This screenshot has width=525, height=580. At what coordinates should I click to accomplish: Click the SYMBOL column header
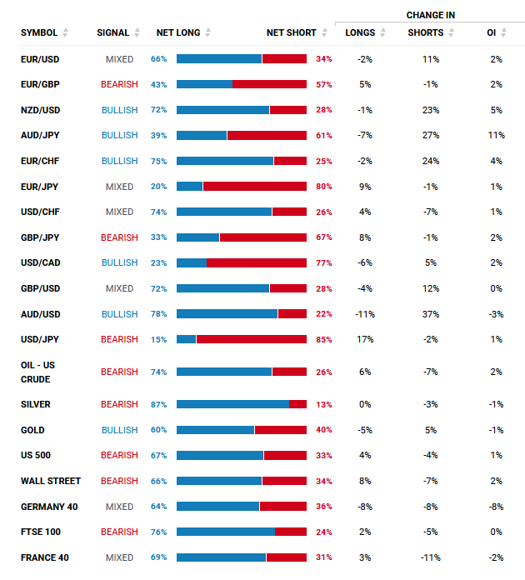coord(39,33)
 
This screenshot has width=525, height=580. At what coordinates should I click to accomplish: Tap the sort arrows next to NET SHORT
coord(324,32)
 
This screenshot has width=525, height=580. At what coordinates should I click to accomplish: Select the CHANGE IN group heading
coord(430,15)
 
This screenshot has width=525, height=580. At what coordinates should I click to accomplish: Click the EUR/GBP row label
coord(40,84)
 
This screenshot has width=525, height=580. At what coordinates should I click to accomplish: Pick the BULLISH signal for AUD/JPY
coord(119,135)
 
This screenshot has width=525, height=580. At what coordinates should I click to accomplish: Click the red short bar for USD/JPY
coord(252,339)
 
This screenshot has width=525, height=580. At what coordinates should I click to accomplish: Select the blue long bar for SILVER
coord(232,404)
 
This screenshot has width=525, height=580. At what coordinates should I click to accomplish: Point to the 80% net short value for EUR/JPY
coord(323,187)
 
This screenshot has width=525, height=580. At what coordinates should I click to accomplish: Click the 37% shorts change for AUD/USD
coord(431,314)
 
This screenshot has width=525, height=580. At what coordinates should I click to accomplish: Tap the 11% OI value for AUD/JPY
coord(496,135)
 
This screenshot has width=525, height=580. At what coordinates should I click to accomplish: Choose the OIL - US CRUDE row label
coord(37,372)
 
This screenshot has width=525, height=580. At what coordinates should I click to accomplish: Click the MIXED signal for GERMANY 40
coord(119,507)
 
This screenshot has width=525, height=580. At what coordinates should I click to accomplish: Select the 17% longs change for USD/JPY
coord(365,339)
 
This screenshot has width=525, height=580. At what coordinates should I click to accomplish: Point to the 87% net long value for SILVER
coord(158,405)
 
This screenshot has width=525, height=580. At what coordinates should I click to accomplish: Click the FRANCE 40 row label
coord(45,557)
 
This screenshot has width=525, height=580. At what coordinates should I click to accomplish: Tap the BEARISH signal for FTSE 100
coord(119,532)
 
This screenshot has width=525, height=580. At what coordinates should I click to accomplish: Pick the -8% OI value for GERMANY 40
coord(496,507)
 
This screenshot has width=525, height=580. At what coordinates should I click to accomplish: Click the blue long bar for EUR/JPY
coord(189,187)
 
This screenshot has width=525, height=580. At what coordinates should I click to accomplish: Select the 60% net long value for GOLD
coord(158,430)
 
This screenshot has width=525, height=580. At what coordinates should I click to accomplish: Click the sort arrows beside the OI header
coord(503,32)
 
